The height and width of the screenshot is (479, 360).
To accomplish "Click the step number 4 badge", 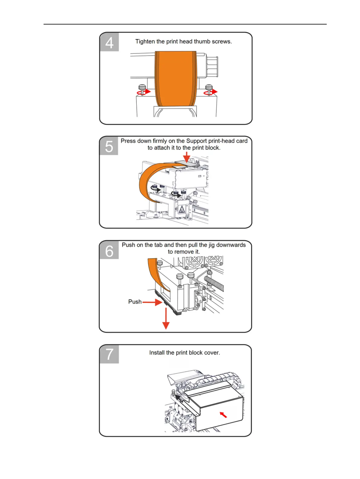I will [x=109, y=42].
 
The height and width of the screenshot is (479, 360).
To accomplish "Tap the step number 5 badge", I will [x=109, y=146].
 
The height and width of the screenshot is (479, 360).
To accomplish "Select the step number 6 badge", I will [x=109, y=251].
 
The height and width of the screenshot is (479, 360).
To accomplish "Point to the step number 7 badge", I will [x=109, y=354].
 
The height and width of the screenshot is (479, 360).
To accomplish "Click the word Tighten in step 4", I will [x=145, y=41].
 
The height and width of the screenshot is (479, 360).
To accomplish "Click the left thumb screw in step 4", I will [x=142, y=90].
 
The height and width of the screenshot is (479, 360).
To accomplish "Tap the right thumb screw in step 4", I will [x=209, y=90].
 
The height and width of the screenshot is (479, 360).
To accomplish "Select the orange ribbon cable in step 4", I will [x=175, y=79].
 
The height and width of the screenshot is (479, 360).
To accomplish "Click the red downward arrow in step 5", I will [x=187, y=157].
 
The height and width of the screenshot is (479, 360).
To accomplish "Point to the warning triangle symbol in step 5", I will [x=182, y=209].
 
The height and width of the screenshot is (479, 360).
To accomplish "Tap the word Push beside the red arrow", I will [x=135, y=302].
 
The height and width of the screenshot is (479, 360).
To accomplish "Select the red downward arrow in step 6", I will [x=166, y=319].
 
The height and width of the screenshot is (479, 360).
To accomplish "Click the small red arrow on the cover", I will [x=223, y=415].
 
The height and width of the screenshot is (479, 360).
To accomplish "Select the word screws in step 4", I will [x=222, y=41].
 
